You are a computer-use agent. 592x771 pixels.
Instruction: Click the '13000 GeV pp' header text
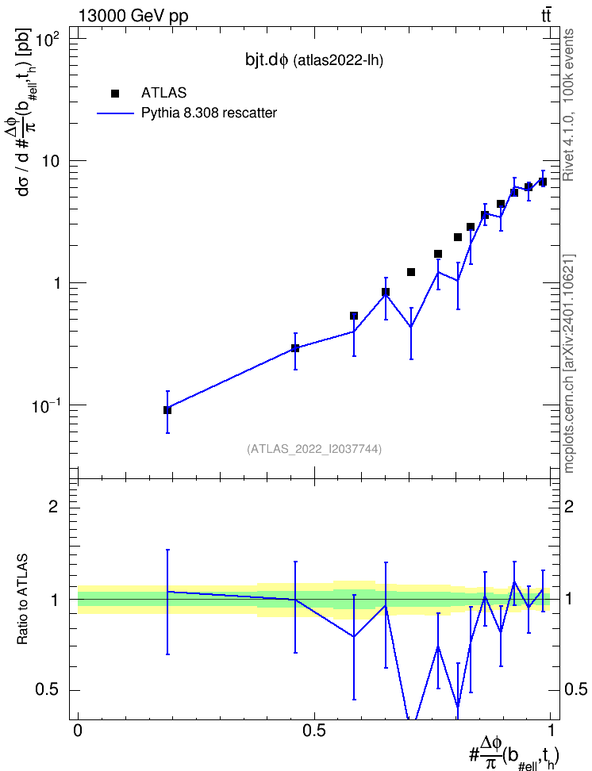(133, 16)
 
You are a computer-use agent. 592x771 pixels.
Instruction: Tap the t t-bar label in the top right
(546, 15)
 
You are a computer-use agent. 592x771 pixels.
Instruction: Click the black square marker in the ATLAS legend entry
(115, 93)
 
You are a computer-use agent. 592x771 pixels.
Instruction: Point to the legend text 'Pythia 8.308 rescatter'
(209, 113)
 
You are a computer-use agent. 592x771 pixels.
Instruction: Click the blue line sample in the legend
(115, 113)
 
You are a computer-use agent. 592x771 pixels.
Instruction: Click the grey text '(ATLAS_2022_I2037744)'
(314, 448)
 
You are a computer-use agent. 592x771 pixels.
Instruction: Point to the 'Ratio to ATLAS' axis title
(22, 600)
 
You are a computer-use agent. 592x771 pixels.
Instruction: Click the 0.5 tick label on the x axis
(314, 731)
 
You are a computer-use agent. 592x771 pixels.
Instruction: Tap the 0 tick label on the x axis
(78, 731)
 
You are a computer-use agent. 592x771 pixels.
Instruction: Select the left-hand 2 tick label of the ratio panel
(54, 506)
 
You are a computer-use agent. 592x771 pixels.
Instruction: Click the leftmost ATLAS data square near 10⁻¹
(167, 410)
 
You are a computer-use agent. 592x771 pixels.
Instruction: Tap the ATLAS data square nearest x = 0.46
(295, 348)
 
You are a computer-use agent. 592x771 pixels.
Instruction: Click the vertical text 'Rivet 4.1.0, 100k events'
(568, 105)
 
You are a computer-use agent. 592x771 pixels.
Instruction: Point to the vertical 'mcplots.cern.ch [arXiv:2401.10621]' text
(569, 364)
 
